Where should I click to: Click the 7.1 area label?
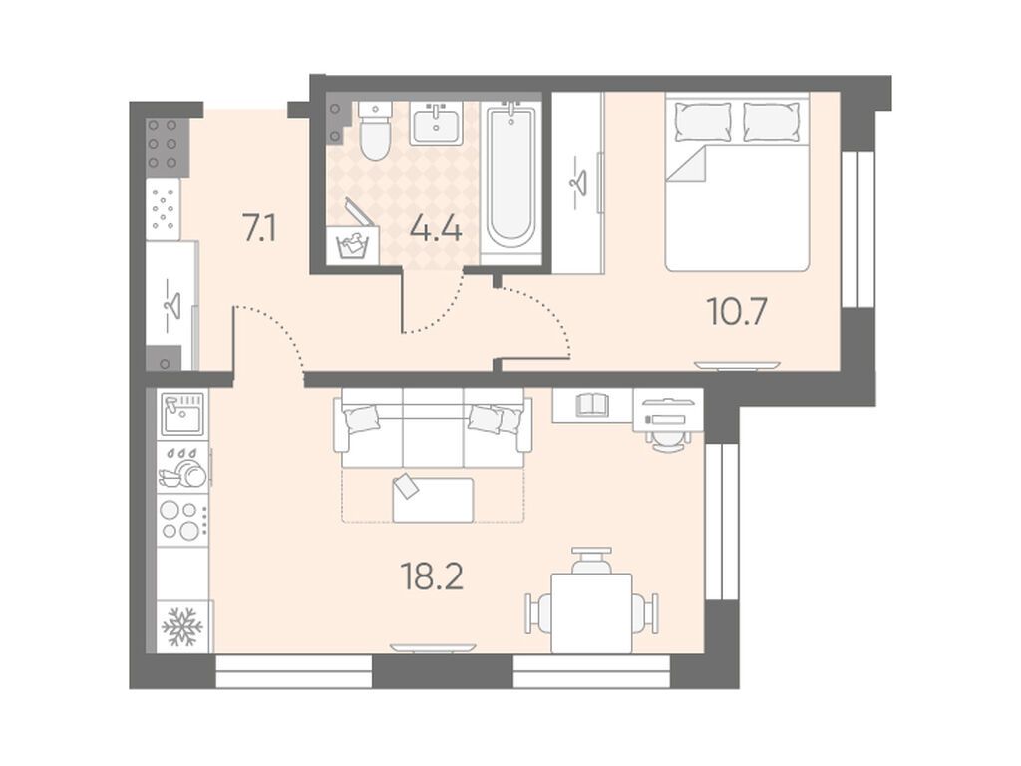[260, 229]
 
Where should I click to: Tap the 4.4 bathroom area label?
[436, 229]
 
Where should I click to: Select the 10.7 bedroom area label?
[737, 311]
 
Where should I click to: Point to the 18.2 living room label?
[433, 576]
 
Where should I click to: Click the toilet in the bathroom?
[375, 131]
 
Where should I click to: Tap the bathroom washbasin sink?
[436, 123]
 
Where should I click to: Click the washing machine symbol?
[352, 244]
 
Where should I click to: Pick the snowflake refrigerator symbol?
[182, 626]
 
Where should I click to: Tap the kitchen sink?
[183, 414]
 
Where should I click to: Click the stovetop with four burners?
[181, 519]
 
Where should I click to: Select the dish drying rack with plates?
[182, 467]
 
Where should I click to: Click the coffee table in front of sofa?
[433, 500]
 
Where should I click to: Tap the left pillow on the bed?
[703, 121]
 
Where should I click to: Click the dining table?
[592, 612]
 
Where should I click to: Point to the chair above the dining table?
[592, 560]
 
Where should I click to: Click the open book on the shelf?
[592, 404]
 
